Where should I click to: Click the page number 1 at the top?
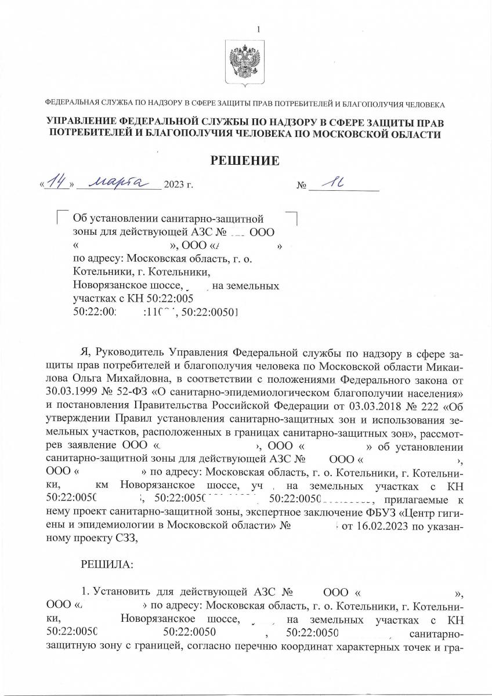point(259,30)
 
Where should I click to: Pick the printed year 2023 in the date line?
point(173,186)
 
